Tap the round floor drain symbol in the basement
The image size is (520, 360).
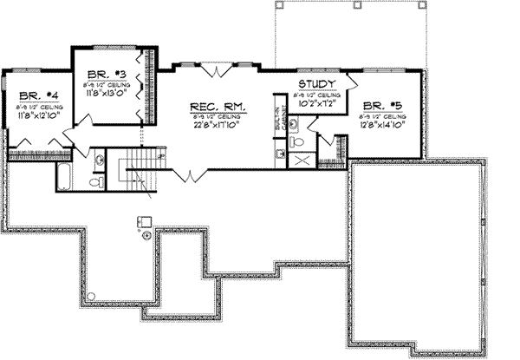[x=146, y=234]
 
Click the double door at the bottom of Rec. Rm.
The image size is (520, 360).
[x=187, y=176]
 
